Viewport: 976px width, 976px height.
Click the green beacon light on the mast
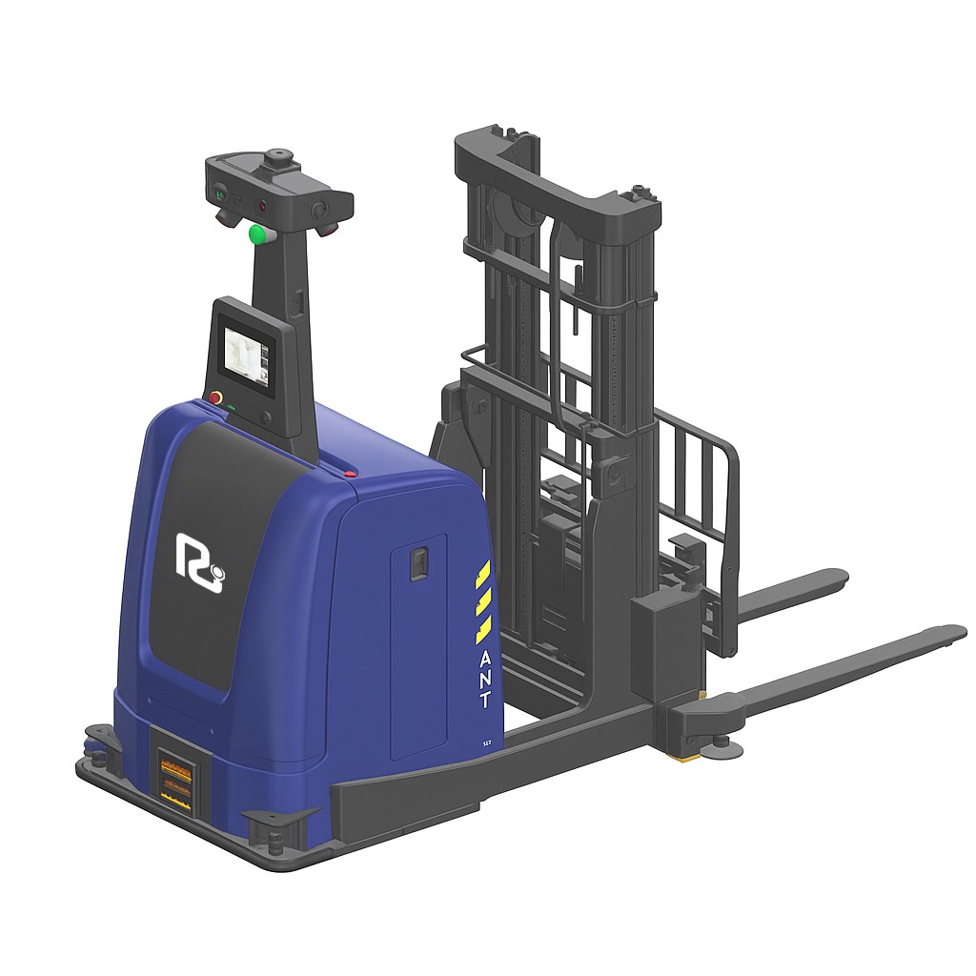coord(256,234)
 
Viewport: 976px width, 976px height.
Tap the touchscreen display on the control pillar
coord(244,357)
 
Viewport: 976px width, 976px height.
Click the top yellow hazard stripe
coord(483,576)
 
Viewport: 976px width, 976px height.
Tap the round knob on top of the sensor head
coord(279,155)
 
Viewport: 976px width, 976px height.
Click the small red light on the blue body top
coord(351,472)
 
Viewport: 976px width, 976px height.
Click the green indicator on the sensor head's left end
coord(219,194)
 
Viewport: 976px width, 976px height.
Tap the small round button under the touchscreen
coord(265,417)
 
